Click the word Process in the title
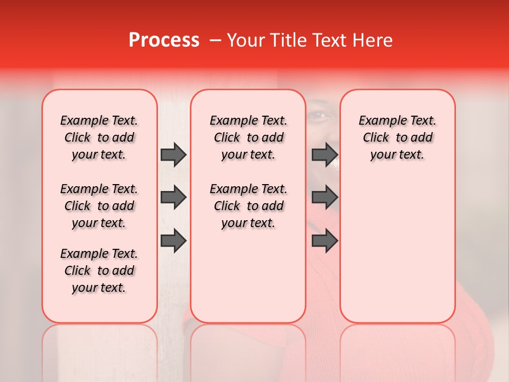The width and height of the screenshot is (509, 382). [x=164, y=40]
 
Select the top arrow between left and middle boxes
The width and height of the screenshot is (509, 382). [x=173, y=154]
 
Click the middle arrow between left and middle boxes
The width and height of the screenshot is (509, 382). [x=173, y=198]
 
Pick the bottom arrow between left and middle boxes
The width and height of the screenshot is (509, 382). [x=173, y=240]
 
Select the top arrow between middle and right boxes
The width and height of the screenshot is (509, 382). [x=324, y=154]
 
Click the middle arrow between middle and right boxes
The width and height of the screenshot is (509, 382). [x=324, y=198]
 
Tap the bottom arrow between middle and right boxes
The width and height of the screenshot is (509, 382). [x=324, y=240]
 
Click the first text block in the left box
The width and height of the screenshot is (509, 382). [x=99, y=137]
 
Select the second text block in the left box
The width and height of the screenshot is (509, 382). [x=99, y=206]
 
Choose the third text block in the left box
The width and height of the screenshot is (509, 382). [x=99, y=271]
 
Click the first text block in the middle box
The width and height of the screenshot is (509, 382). [x=248, y=137]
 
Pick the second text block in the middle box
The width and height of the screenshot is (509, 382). [x=248, y=206]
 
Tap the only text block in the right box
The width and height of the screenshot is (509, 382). [x=397, y=137]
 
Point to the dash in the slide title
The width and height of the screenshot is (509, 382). [x=215, y=40]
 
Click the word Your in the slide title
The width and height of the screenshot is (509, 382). [x=244, y=40]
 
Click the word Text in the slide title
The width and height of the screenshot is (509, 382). [x=327, y=40]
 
